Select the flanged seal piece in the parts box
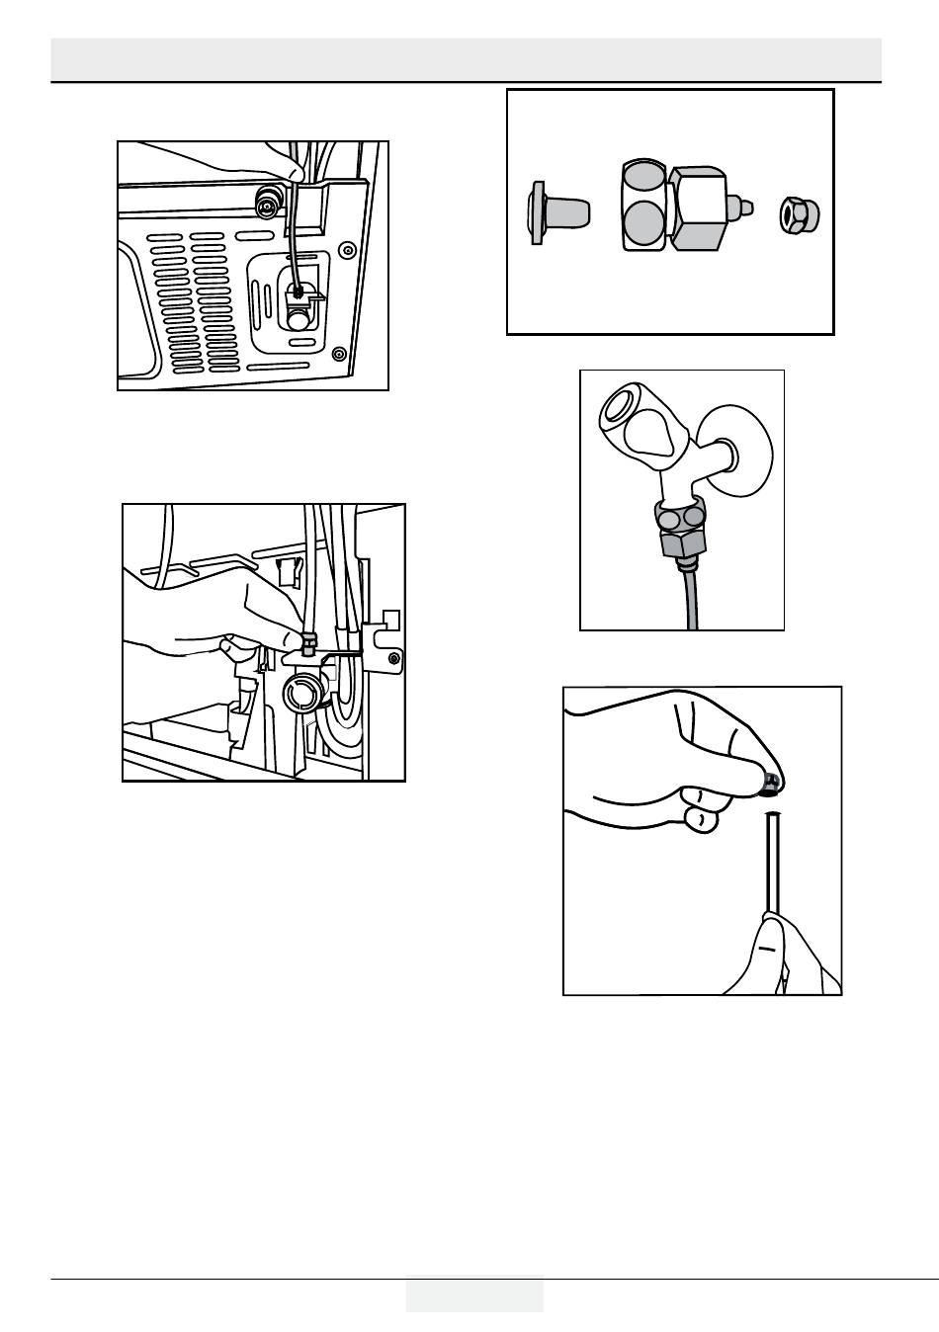pos(555,212)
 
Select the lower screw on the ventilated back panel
pos(338,353)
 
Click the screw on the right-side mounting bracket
pos(393,658)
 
